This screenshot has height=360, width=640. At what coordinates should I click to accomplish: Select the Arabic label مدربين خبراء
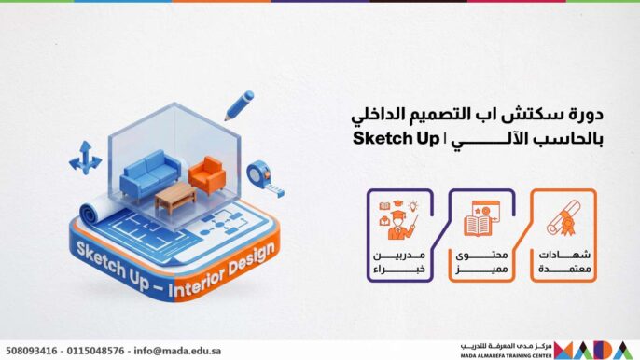[x=397, y=263]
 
